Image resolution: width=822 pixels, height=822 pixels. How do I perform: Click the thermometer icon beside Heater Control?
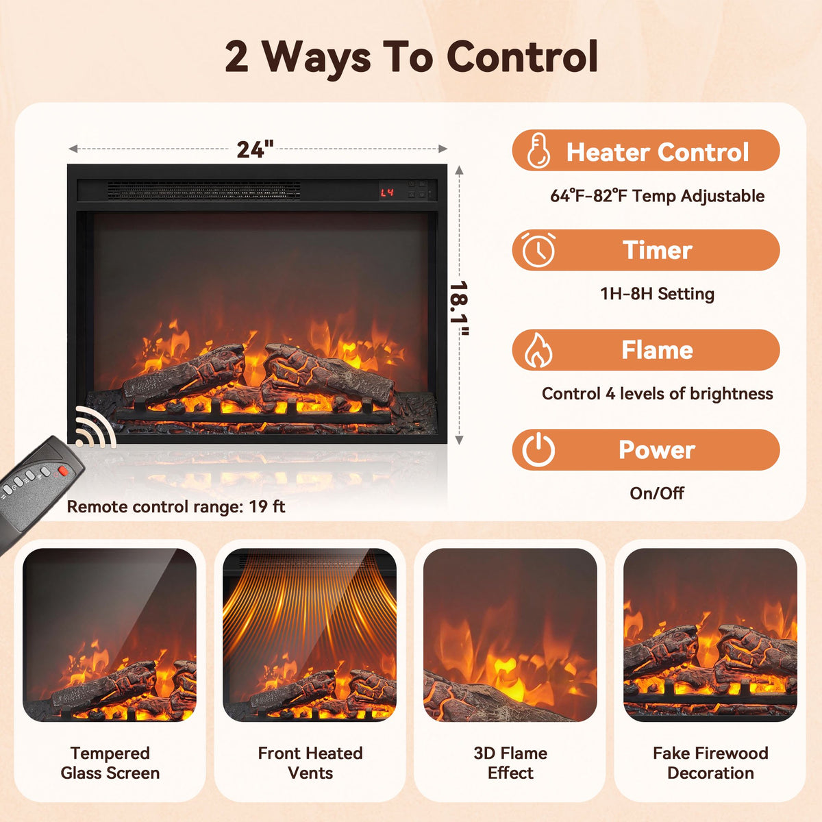[538, 150]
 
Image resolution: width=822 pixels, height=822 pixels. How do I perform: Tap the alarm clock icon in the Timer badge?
[538, 250]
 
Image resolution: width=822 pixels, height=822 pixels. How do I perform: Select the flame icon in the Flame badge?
[538, 350]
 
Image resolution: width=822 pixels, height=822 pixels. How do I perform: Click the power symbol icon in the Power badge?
[538, 449]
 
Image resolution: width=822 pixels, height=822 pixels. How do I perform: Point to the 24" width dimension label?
[255, 149]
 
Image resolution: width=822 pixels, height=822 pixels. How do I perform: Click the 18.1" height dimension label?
[460, 308]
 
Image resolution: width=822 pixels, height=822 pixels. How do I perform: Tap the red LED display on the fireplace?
[387, 192]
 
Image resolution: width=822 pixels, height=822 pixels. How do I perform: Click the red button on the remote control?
[62, 471]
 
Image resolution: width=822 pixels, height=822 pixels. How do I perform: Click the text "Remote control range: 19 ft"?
[176, 507]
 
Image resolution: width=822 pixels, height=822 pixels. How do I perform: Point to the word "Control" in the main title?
[522, 57]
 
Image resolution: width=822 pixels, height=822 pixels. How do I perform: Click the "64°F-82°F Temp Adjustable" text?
[657, 196]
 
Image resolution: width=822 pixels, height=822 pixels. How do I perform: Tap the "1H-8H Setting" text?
[657, 294]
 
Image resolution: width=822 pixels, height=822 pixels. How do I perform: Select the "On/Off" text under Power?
[657, 493]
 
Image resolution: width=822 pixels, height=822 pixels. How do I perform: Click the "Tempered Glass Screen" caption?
[110, 762]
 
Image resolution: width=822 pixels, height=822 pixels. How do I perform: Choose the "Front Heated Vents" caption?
[310, 762]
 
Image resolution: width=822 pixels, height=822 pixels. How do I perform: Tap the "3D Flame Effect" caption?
[510, 762]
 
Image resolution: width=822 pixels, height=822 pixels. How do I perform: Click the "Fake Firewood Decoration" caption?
[710, 762]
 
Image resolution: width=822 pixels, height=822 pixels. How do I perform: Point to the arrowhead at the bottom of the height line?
[460, 440]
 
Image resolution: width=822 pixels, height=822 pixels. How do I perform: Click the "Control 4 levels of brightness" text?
[657, 394]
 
